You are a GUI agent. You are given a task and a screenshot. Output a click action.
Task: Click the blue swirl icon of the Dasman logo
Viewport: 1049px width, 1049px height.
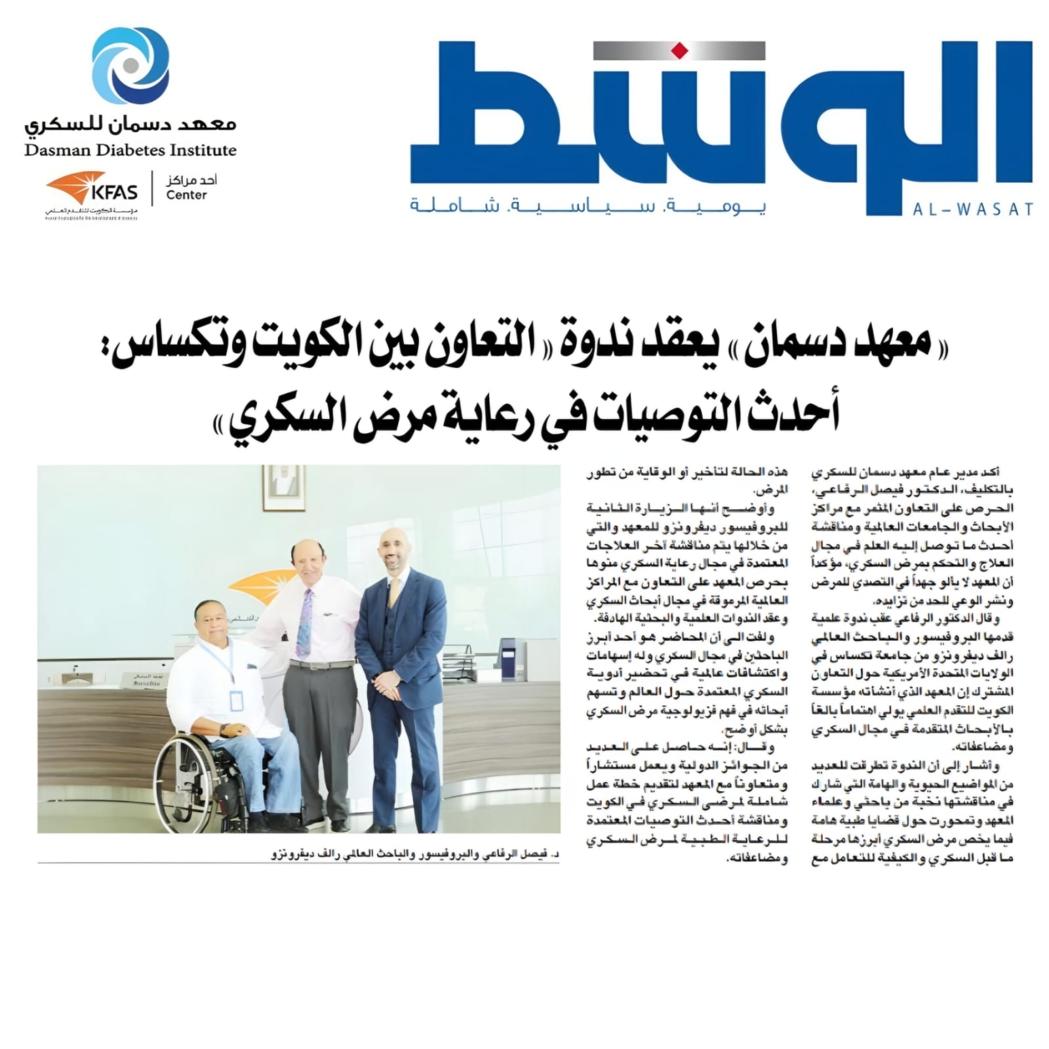coord(130,66)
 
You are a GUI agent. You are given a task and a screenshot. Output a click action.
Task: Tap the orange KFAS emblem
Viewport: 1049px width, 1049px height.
coord(76,189)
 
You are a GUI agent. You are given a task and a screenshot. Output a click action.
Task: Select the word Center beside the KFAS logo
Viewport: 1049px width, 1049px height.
coord(186,195)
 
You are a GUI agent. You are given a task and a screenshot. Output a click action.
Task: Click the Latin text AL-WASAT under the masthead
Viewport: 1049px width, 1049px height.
coord(973,210)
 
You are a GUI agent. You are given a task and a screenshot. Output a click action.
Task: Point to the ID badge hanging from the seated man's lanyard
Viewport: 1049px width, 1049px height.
coord(237,700)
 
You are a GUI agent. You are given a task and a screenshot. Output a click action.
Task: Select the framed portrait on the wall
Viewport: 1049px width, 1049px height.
coord(284,488)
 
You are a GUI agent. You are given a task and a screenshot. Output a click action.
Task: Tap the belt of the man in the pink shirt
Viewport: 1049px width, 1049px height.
coord(321,664)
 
